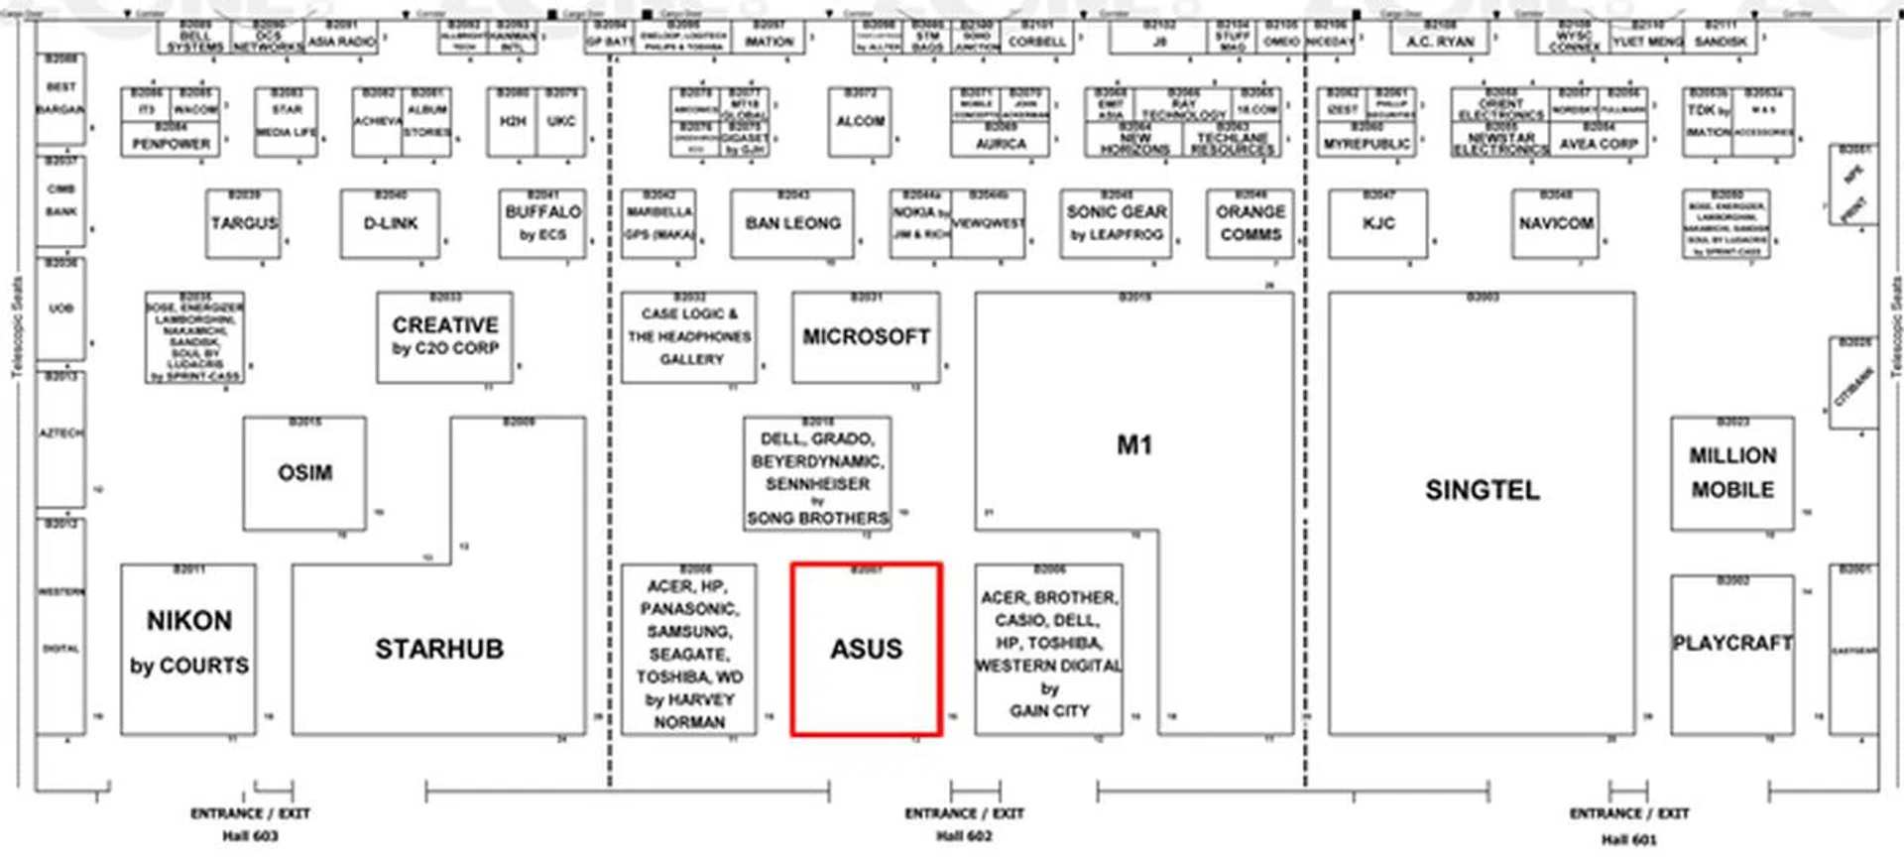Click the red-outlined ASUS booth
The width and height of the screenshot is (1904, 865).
click(866, 650)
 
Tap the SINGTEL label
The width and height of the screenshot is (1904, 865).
click(1482, 490)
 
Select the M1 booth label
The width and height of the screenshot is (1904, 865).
click(1133, 445)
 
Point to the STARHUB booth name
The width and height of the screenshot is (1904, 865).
click(438, 649)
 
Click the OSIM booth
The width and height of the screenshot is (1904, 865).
click(304, 473)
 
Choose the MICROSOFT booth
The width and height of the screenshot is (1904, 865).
click(866, 337)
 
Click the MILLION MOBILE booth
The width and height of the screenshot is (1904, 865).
click(1731, 473)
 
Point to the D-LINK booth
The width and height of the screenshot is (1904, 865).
click(390, 224)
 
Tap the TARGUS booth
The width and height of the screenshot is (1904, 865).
click(244, 224)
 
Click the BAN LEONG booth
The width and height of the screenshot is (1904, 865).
click(792, 224)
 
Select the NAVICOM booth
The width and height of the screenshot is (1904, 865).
click(1555, 224)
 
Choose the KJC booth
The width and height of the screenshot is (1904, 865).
click(1377, 224)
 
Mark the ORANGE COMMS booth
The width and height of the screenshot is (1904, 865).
click(1249, 224)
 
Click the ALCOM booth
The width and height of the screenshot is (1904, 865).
click(860, 122)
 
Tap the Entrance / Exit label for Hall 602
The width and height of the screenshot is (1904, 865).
click(964, 813)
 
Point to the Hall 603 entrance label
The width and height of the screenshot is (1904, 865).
click(250, 835)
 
